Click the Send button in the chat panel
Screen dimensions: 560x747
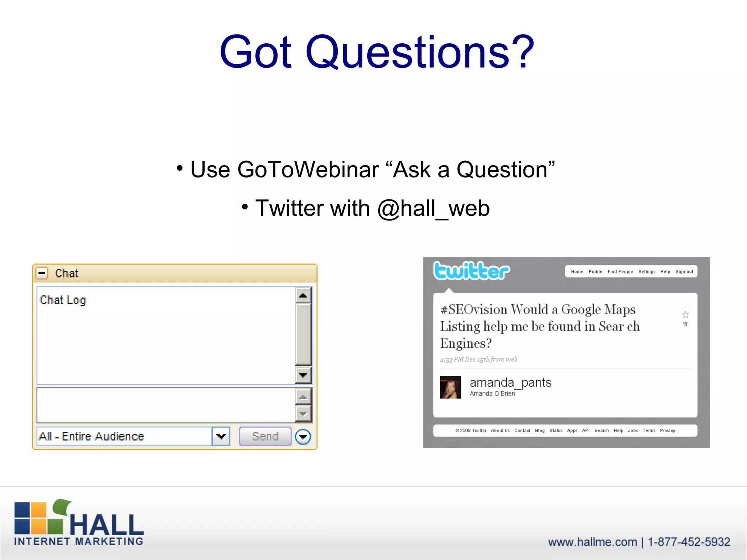(265, 436)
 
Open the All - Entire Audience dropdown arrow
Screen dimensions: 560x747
(221, 436)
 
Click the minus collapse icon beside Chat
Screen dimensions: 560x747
(42, 273)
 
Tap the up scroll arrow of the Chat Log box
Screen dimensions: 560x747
(303, 295)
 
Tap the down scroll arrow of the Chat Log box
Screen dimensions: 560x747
(303, 375)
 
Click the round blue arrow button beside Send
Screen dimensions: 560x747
(303, 437)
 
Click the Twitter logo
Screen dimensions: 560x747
(471, 271)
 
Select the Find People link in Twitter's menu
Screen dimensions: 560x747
(620, 272)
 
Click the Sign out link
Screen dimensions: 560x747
(684, 272)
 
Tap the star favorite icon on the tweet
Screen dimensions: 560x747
(685, 315)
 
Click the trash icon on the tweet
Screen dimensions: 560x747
(685, 324)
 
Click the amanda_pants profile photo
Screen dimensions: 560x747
(450, 387)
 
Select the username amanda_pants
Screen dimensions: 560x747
(510, 383)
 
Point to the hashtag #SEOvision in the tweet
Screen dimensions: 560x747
(473, 310)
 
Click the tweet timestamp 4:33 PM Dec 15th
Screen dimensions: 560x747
(478, 359)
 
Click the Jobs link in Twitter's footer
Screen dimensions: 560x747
(633, 431)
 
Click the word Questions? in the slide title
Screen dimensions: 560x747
(419, 52)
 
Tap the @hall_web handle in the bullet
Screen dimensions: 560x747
(433, 209)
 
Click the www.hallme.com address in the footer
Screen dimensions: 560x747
(592, 542)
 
